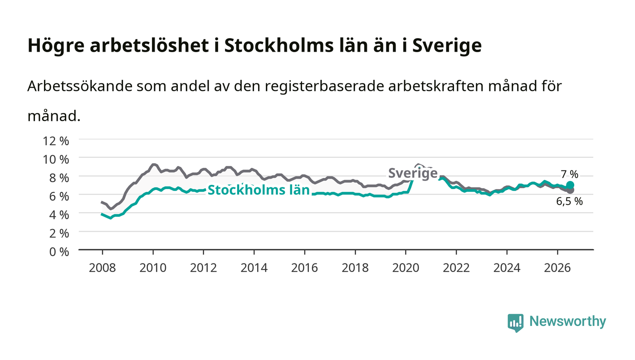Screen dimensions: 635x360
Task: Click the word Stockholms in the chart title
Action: (x=279, y=45)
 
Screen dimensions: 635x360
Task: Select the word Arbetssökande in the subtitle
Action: (x=80, y=86)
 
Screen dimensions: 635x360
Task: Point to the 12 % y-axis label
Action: (x=56, y=141)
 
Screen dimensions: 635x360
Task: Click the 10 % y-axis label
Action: (x=56, y=160)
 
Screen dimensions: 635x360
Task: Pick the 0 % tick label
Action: (x=59, y=252)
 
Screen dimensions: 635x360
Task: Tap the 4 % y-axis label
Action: (x=59, y=215)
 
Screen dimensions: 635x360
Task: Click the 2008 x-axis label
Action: (x=103, y=268)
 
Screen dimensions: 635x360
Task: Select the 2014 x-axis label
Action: (x=254, y=268)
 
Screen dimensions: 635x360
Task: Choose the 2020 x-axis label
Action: (x=405, y=268)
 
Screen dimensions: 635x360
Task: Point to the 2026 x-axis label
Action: (x=557, y=268)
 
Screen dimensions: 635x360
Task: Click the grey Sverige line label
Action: (x=413, y=173)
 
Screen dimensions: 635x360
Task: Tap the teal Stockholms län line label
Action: (x=259, y=190)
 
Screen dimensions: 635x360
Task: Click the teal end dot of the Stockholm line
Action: (x=571, y=185)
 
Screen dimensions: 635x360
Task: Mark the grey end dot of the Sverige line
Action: (x=571, y=190)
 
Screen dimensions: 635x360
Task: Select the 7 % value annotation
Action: (x=569, y=174)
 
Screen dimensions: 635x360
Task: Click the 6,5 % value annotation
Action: (x=569, y=202)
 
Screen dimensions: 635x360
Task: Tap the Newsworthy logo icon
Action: (x=515, y=323)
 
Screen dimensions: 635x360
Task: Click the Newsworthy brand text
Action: (x=567, y=321)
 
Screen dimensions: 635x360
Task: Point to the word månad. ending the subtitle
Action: (x=54, y=116)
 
